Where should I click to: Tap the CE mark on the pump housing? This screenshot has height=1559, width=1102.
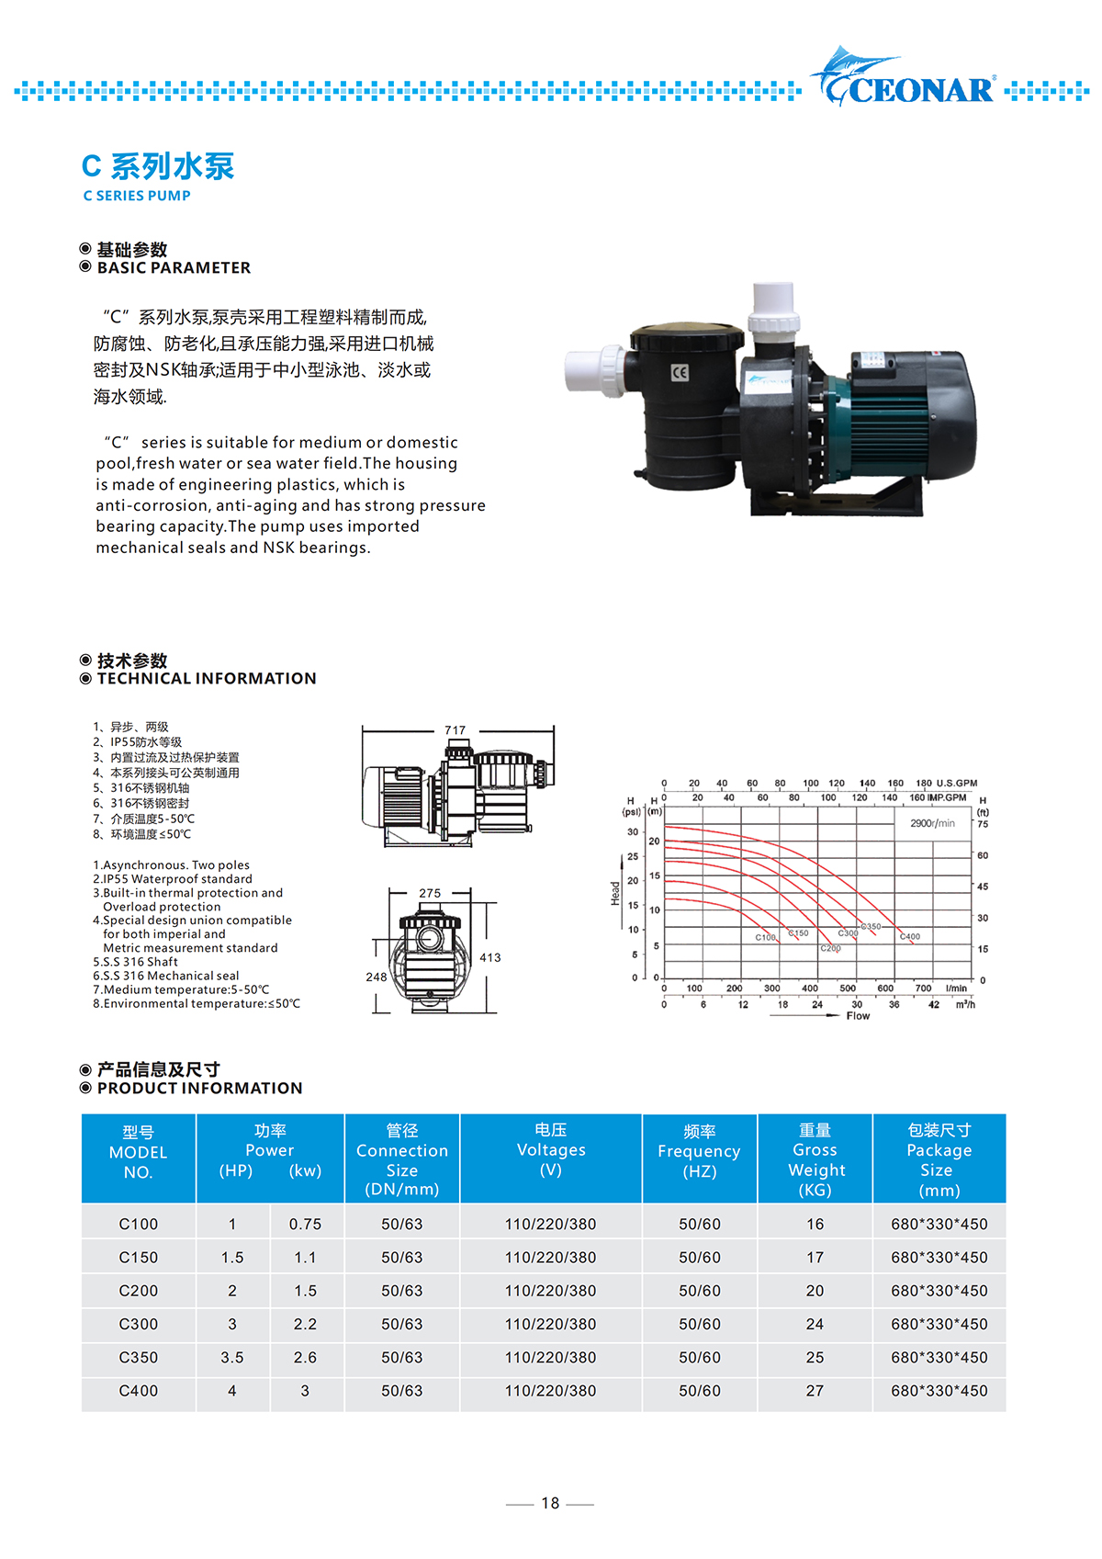(x=680, y=372)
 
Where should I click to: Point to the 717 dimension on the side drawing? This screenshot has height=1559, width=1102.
(x=455, y=730)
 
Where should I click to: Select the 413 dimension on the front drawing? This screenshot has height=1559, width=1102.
(x=490, y=957)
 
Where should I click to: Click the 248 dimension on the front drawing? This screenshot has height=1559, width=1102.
(x=377, y=977)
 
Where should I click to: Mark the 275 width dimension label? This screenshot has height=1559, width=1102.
(x=430, y=893)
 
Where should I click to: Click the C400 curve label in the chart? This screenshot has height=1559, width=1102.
(x=910, y=937)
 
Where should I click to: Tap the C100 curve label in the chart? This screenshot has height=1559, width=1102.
(x=765, y=938)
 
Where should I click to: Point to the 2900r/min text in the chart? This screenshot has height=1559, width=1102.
(x=932, y=823)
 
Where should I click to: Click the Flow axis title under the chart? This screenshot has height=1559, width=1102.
(x=858, y=1016)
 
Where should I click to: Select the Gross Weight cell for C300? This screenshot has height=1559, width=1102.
(x=815, y=1324)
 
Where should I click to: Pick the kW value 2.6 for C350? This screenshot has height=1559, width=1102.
(x=305, y=1357)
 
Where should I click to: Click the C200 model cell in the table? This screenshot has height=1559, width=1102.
(x=139, y=1291)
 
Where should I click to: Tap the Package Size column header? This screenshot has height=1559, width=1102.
(x=939, y=1159)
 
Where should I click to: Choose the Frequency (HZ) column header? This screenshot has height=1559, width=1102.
(x=699, y=1152)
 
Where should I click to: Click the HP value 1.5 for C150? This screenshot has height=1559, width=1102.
(x=232, y=1258)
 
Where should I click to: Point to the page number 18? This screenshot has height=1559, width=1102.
(x=550, y=1503)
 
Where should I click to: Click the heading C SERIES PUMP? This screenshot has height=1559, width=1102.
(x=137, y=196)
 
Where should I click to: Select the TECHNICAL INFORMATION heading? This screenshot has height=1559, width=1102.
(x=207, y=679)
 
